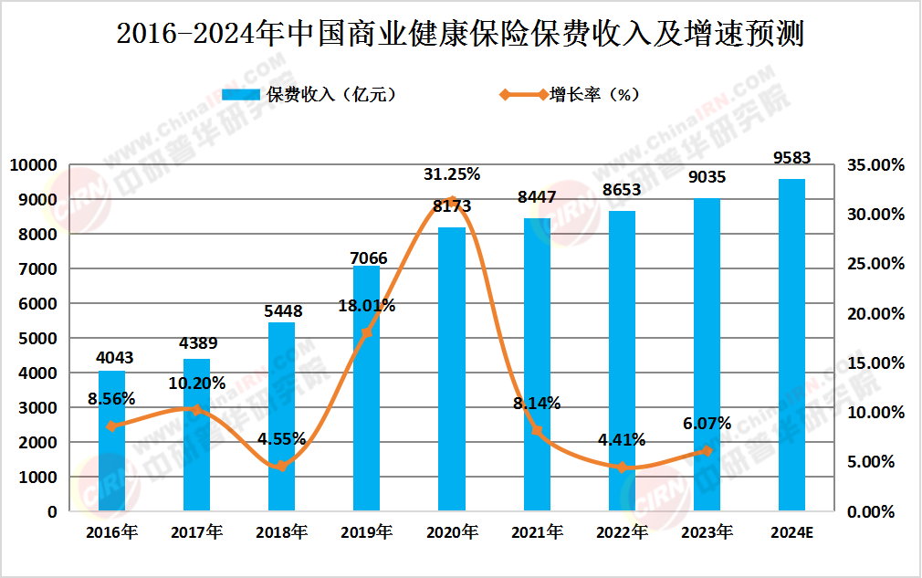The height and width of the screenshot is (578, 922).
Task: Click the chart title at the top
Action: point(460,34)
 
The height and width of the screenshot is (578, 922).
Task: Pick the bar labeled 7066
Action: point(366,388)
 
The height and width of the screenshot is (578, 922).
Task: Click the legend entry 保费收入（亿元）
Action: point(310,94)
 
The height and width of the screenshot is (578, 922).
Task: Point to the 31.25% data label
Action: point(451,173)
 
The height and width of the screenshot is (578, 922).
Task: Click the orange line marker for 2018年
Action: point(281,466)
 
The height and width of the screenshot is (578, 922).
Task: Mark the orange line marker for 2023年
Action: point(707,451)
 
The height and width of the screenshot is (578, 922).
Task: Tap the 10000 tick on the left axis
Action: point(33,165)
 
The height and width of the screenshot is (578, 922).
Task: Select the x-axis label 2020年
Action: point(451,531)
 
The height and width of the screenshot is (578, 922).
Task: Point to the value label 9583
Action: point(791,158)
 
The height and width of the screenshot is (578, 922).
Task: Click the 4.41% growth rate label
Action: point(621,439)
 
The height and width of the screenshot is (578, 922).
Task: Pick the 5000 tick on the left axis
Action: point(37,339)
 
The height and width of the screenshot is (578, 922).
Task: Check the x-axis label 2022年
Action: point(621,531)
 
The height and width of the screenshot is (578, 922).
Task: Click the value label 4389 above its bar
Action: point(196,343)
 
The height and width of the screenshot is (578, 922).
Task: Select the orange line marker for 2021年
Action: point(537,431)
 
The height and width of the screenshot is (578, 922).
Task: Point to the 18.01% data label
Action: point(366,306)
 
